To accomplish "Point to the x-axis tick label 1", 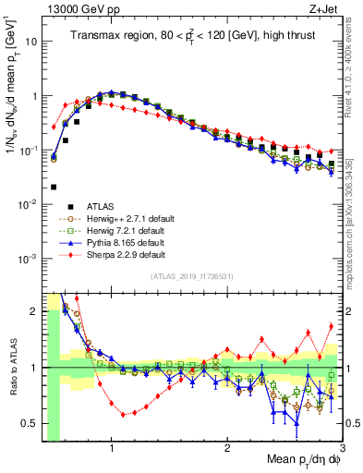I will [x=112, y=449].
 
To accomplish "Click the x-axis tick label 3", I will [x=340, y=449].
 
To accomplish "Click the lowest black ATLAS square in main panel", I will [x=54, y=186].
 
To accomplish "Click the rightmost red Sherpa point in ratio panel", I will [x=332, y=325].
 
